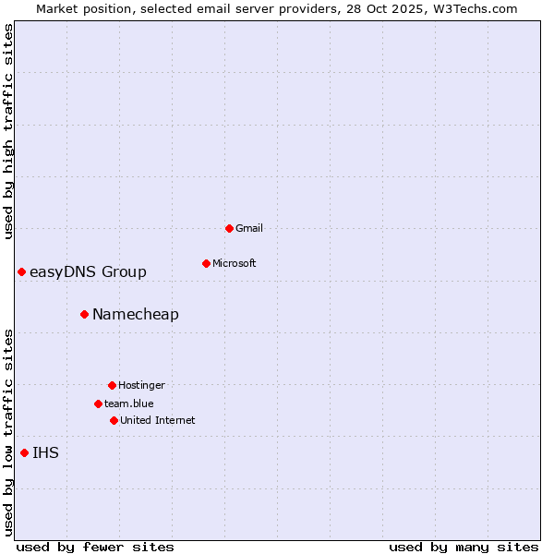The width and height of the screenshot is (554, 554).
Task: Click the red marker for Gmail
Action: [229, 228]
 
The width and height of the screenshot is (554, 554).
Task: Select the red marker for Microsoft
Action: [206, 263]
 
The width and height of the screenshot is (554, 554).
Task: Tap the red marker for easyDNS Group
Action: [21, 271]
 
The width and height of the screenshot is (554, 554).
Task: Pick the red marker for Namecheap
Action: [84, 314]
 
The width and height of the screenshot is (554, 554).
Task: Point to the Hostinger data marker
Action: [112, 385]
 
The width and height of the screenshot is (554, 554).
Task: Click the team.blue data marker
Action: [98, 403]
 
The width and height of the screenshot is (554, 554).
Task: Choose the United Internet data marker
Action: [114, 420]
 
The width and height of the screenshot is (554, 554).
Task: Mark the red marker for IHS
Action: [24, 452]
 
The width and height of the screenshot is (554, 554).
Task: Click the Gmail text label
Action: [249, 228]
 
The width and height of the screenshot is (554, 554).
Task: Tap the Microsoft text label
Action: [235, 263]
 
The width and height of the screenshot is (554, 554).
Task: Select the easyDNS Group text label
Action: [88, 271]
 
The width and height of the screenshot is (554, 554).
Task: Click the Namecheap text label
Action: [136, 314]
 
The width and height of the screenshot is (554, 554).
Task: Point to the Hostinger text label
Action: [141, 385]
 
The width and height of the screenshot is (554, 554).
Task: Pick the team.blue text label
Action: [129, 403]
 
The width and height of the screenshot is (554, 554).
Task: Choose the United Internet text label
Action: [158, 420]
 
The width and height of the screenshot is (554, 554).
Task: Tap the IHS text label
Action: [45, 452]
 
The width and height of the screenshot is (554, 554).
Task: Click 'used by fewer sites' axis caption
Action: [95, 547]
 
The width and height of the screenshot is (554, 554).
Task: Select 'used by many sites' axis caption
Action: [464, 547]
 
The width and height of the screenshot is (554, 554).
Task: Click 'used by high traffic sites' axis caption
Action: [8, 131]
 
